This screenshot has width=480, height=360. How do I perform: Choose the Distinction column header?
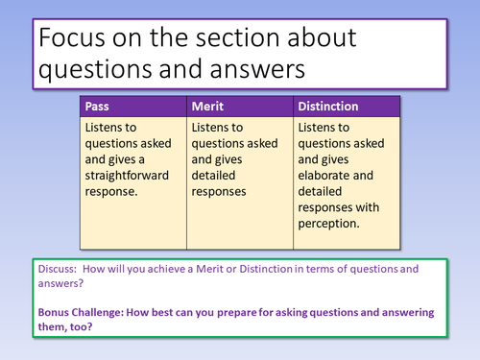click(329, 106)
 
